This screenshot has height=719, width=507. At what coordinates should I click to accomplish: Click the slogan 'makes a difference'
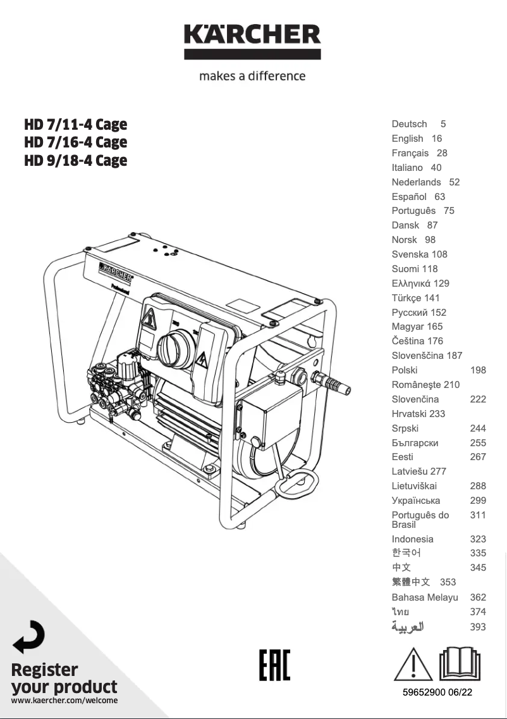(x=252, y=76)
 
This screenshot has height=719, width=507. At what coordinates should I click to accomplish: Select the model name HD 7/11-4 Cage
(x=75, y=124)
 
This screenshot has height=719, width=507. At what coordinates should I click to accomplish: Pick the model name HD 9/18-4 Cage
(x=75, y=161)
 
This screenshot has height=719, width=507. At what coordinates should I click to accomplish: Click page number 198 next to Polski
(x=478, y=370)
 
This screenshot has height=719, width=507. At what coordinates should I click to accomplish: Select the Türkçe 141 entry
(x=415, y=298)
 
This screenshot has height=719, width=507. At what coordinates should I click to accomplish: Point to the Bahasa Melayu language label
(x=425, y=597)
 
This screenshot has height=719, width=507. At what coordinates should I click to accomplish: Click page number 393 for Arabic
(x=478, y=627)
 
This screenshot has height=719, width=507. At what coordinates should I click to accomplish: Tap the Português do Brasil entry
(x=420, y=520)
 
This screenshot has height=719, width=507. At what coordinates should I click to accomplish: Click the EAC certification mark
(x=274, y=665)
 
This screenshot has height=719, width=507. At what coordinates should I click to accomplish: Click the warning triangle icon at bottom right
(x=413, y=664)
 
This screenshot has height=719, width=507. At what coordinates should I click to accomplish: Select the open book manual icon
(x=460, y=664)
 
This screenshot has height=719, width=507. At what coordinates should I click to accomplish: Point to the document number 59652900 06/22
(x=437, y=692)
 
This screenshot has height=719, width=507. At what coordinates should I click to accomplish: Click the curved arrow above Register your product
(x=28, y=637)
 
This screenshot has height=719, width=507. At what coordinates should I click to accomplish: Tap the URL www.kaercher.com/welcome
(x=64, y=700)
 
